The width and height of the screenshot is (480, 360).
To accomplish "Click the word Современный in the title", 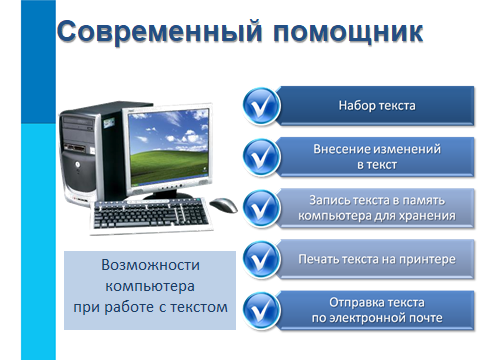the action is coord(159,31).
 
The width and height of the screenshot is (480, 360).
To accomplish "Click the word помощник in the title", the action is coord(348,33).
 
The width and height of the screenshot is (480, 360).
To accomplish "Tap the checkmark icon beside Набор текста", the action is coord(261,106).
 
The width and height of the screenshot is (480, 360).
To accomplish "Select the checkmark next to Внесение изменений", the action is coord(261,157).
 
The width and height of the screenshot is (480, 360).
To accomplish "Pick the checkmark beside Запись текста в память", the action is coord(261,208).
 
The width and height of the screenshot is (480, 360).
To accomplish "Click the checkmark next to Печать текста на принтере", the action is coord(261,259).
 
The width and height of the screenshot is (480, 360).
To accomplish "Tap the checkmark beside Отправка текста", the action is coord(261,311).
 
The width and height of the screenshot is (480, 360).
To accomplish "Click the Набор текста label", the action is coord(377,106).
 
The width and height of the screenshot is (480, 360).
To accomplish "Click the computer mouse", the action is coord(223,204).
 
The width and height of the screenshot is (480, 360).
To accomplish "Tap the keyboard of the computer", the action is coord(151,215).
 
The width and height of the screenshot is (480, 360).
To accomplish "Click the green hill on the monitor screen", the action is coord(167,167).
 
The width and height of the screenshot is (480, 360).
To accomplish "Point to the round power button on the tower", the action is coord(78,164).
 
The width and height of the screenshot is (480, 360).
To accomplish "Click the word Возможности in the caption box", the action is coord(151,265).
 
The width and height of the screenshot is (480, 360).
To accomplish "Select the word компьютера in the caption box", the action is coord(150,286).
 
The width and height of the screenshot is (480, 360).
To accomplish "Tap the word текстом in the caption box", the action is coord(199,307).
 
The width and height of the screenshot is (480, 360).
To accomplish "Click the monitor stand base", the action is coord(168,196).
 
